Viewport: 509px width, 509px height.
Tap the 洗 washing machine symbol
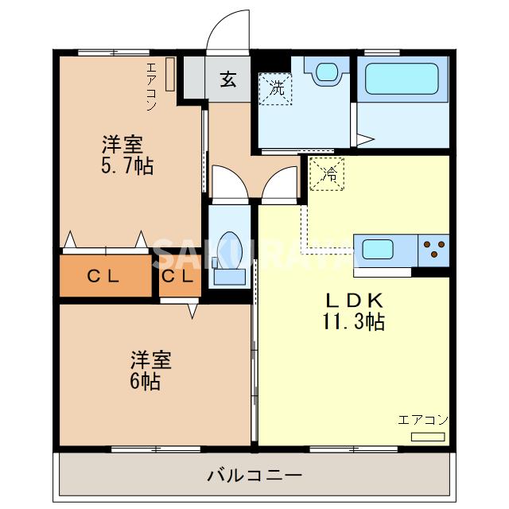(276, 88)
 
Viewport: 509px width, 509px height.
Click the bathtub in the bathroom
(402, 80)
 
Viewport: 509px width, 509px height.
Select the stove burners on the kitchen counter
(433, 250)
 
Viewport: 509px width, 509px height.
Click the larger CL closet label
(103, 277)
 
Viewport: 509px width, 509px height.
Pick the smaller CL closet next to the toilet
(177, 277)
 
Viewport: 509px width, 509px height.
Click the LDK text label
(354, 301)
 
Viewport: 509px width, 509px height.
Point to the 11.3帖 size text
(354, 322)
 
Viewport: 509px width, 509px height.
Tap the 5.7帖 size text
(127, 166)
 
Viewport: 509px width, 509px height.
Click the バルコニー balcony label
(254, 476)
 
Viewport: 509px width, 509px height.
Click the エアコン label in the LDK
(423, 420)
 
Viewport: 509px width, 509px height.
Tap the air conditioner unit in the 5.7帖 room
(169, 74)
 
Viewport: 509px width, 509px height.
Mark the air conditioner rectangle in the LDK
(428, 437)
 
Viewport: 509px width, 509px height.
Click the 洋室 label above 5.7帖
(122, 146)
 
